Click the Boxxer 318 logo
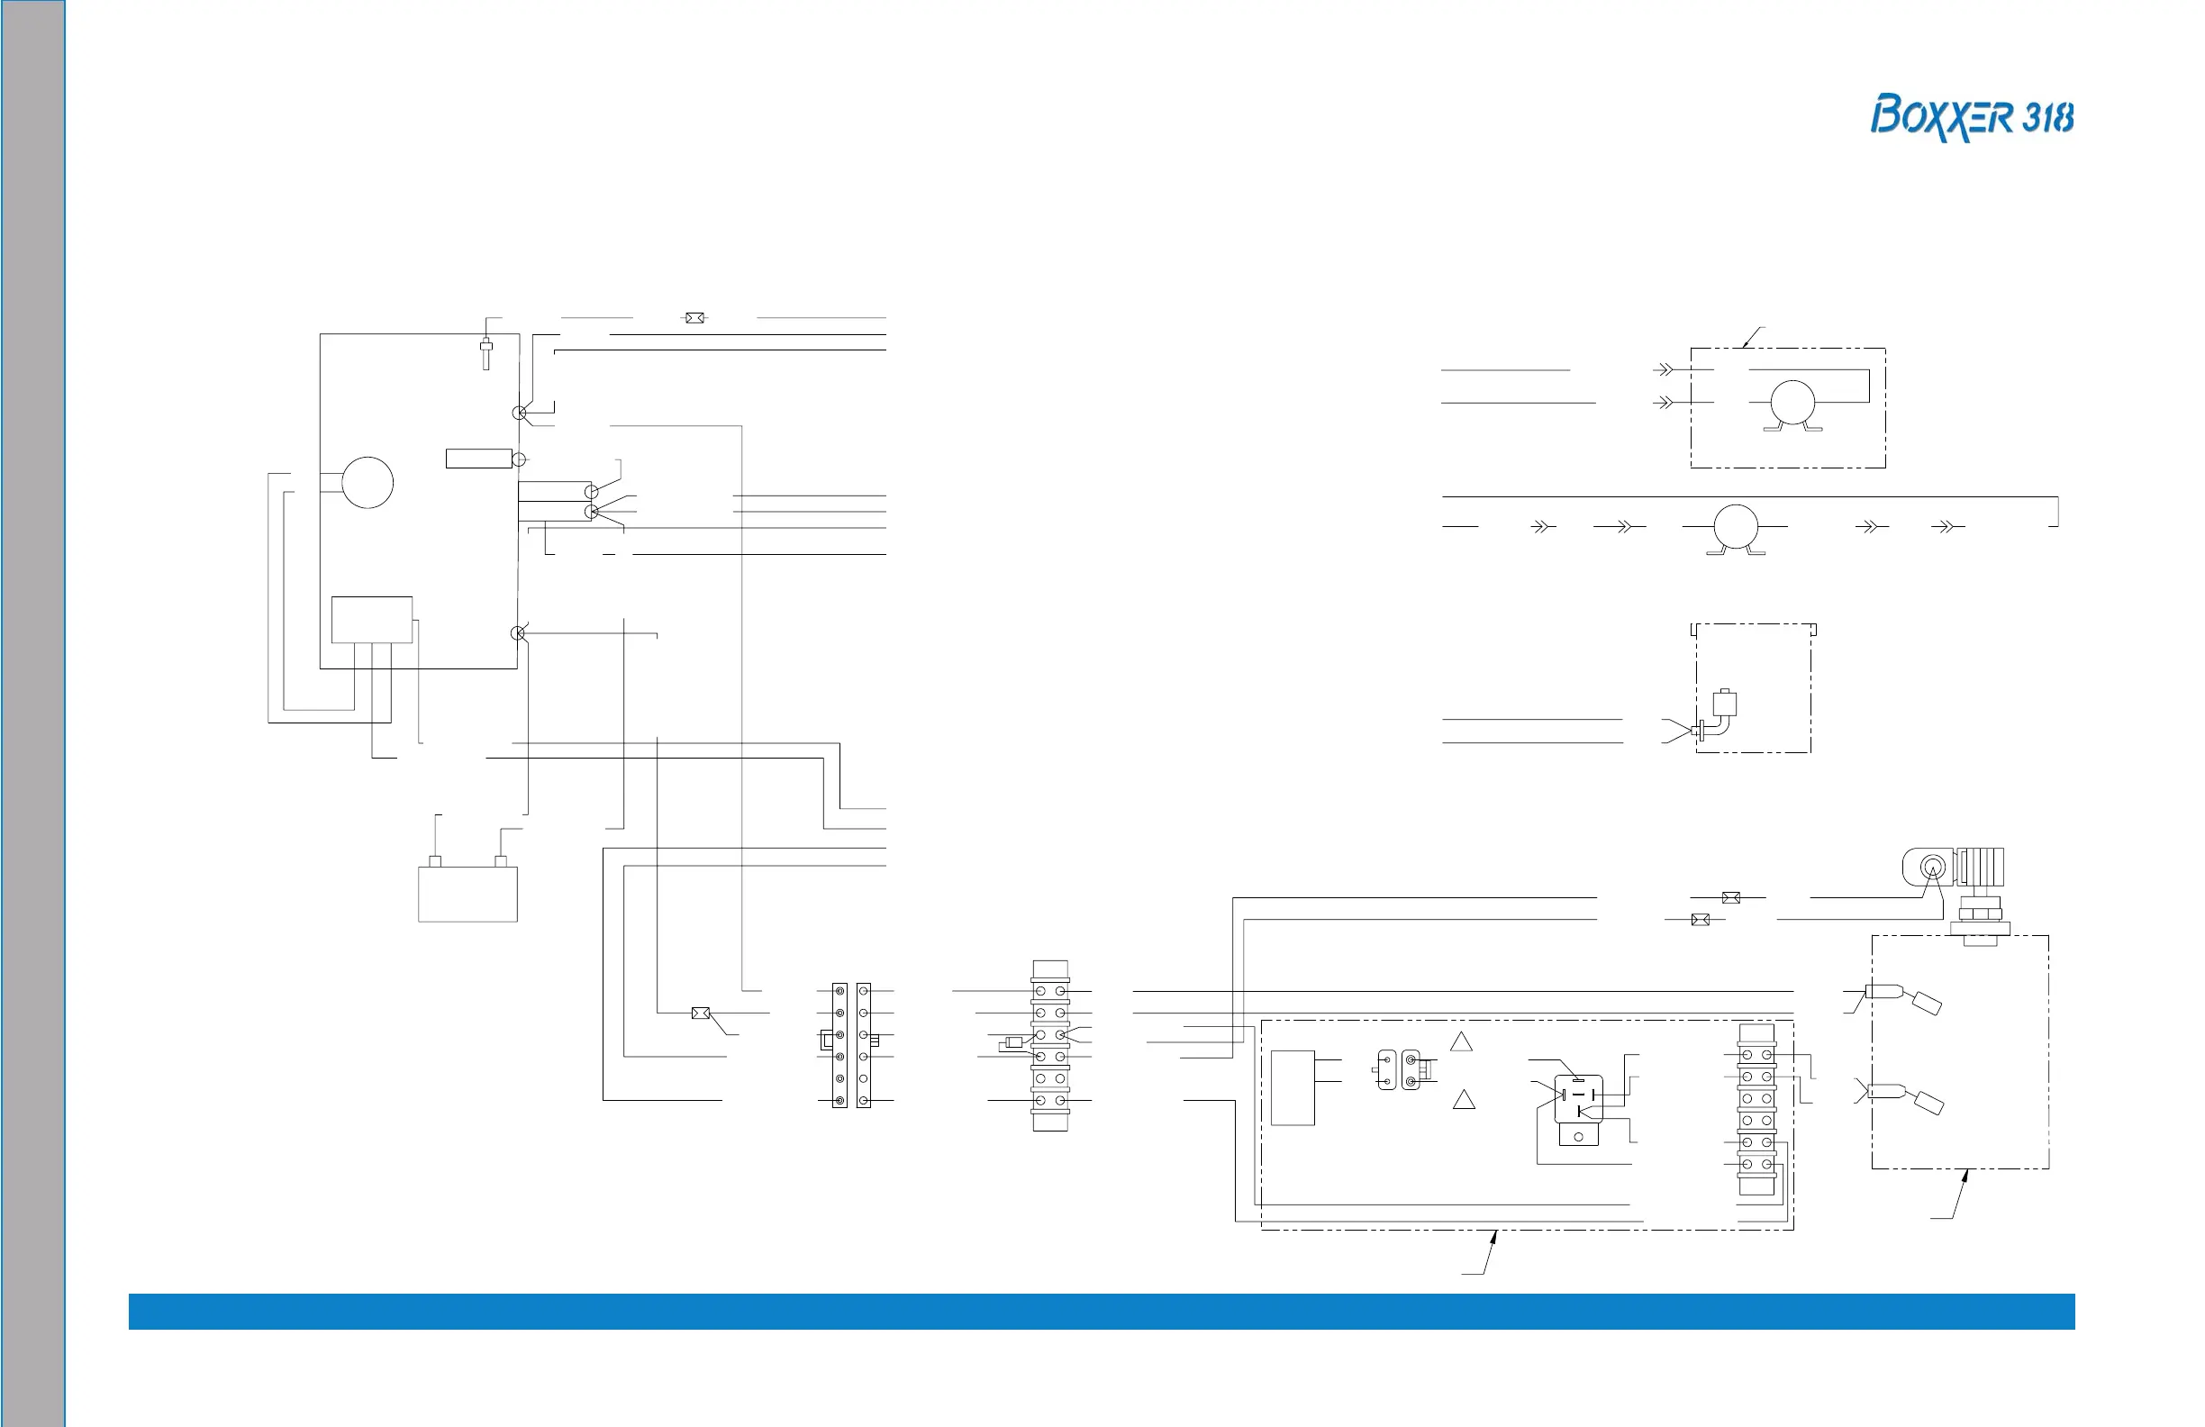click(1971, 117)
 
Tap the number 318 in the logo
click(2047, 119)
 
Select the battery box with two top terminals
click(467, 893)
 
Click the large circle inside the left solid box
click(367, 483)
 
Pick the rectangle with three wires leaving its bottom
click(371, 620)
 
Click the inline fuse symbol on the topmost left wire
click(694, 318)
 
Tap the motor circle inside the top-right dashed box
click(1792, 403)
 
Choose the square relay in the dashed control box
click(1578, 1099)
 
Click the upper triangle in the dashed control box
click(1461, 1042)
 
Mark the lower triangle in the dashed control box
click(1464, 1101)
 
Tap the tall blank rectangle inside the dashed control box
click(1293, 1088)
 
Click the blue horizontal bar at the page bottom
click(1102, 1311)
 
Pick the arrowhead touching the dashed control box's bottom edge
click(1493, 1236)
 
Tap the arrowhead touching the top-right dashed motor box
click(1746, 343)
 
